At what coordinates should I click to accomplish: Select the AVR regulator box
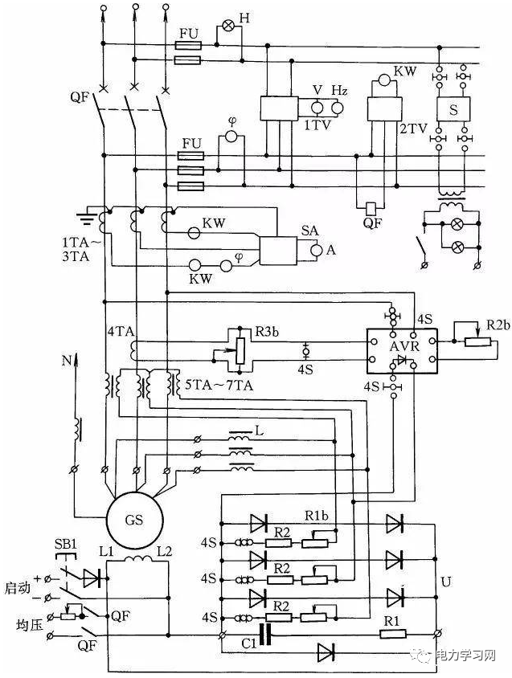399,350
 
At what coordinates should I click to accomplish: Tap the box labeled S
453,112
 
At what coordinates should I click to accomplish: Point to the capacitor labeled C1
267,634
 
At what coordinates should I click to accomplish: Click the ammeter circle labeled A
317,251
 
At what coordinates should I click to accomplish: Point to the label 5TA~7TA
208,384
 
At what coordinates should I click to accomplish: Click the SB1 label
65,544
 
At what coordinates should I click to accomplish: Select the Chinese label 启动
17,587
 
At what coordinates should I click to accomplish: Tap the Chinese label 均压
17,624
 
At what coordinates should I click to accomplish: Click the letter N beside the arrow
66,361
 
